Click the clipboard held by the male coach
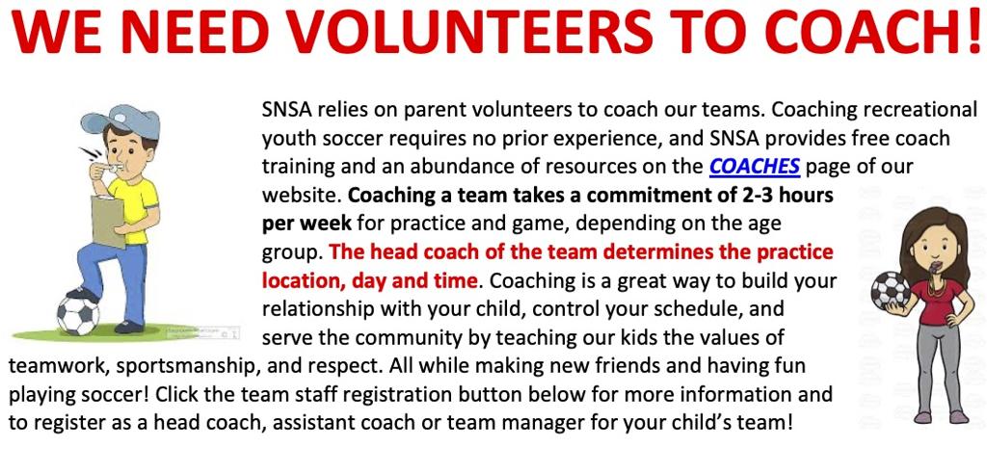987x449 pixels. coord(108,221)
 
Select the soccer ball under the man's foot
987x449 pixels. coord(79,314)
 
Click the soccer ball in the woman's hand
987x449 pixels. coord(891,290)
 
